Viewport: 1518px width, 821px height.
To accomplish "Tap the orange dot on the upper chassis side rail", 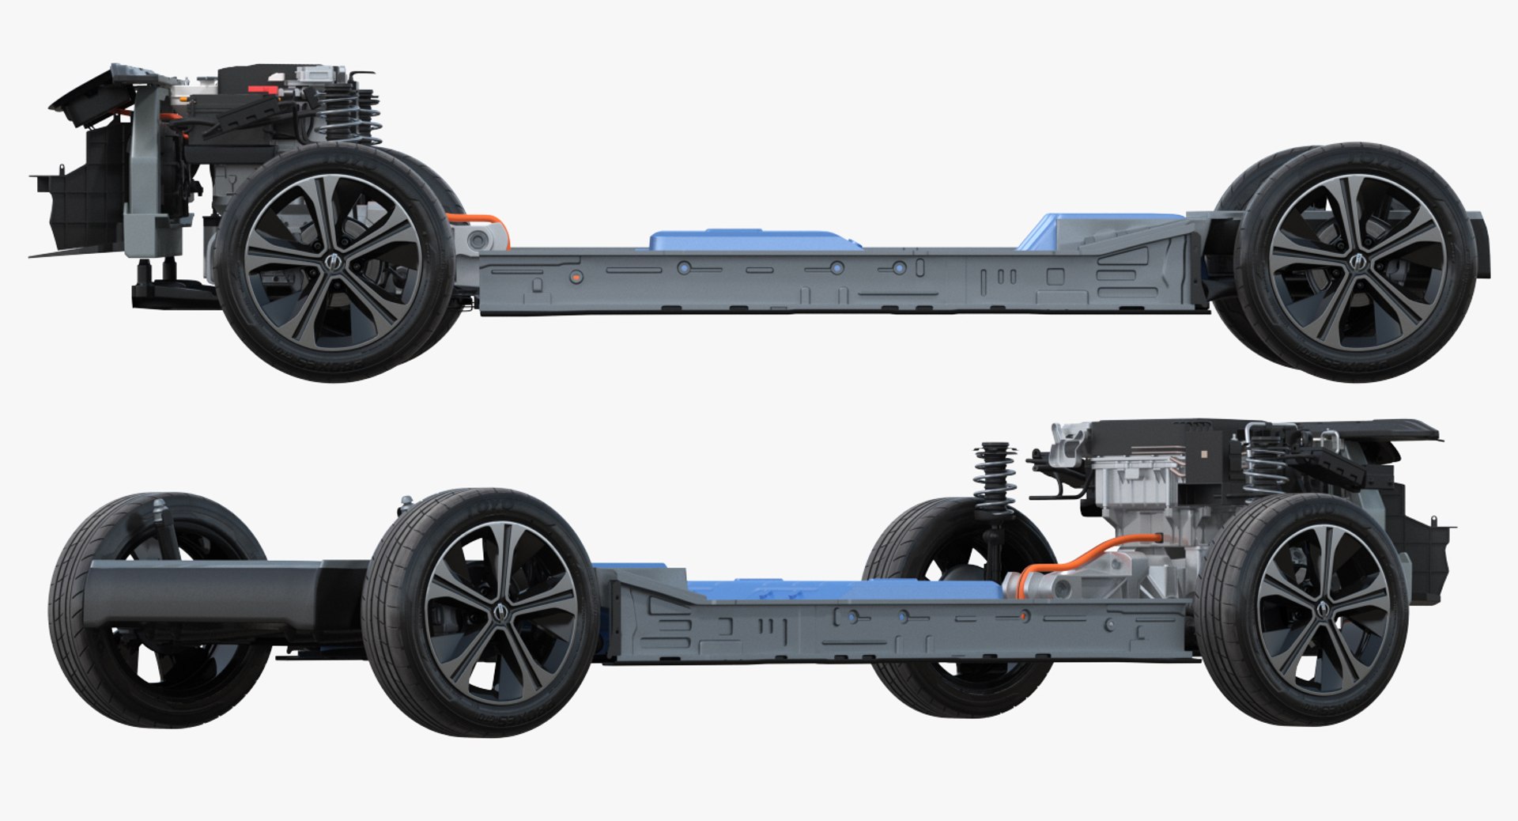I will click(x=576, y=276).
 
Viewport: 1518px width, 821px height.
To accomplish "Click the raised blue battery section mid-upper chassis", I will click(x=751, y=240).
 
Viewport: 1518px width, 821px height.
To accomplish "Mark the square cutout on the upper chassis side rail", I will click(x=1055, y=277).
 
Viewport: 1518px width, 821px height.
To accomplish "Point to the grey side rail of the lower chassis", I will click(x=870, y=629).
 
